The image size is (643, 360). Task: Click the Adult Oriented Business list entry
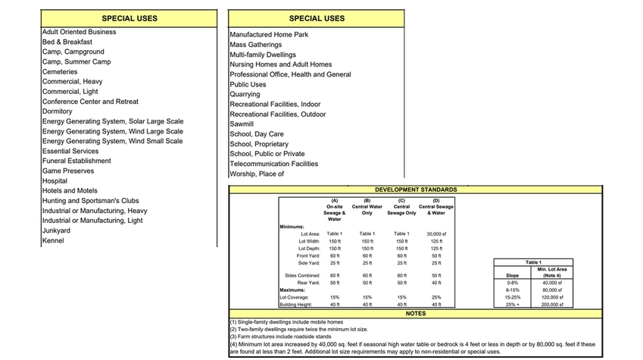point(79,32)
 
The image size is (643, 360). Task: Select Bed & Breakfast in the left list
point(67,42)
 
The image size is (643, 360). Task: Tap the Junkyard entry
point(56,230)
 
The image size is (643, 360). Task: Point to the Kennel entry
point(53,241)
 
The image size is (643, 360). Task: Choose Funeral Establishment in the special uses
point(76,161)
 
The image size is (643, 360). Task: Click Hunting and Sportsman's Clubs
point(90,201)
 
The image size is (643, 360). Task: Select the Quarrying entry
point(245,95)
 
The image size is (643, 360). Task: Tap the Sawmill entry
point(242,124)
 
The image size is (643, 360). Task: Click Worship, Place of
point(256,174)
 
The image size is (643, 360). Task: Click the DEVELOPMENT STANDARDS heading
point(416,189)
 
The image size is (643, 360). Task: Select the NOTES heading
point(416,313)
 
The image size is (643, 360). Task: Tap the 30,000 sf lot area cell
point(437,234)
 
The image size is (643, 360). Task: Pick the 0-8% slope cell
point(512,283)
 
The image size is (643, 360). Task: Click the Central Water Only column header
point(367,208)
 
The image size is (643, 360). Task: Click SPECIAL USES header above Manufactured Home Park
point(317,18)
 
